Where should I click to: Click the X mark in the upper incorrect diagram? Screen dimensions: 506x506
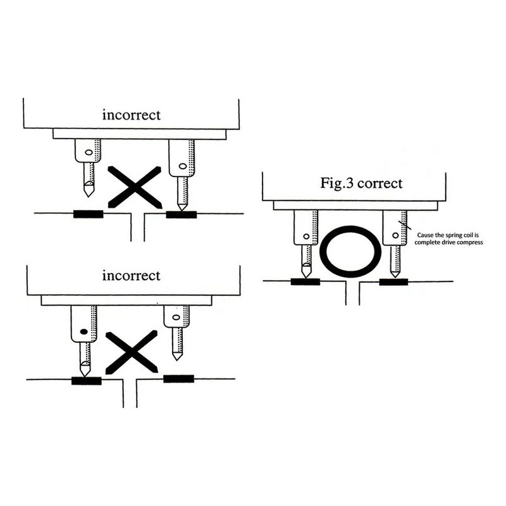(x=135, y=187)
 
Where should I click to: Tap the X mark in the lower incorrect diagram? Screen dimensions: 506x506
(x=132, y=352)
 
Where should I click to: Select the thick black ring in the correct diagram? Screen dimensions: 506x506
(x=350, y=251)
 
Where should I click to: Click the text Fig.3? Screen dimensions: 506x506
(x=335, y=183)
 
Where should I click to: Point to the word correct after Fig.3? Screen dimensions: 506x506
(x=380, y=183)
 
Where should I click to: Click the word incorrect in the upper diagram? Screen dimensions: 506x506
(x=132, y=115)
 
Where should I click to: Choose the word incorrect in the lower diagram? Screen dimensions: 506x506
(x=132, y=276)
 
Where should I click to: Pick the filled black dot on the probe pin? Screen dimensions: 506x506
(x=83, y=331)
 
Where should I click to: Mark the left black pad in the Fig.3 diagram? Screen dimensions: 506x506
(x=305, y=281)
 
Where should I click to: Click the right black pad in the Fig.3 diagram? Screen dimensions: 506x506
(x=393, y=281)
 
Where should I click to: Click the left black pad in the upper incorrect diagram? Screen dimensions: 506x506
(x=88, y=214)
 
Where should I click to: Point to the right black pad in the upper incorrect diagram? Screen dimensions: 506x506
(x=181, y=214)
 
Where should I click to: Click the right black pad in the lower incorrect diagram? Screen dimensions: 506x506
(x=178, y=379)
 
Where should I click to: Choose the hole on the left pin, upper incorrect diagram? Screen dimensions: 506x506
(x=89, y=152)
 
